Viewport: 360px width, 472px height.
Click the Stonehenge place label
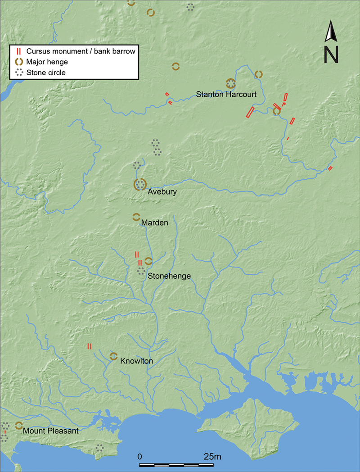coord(169,276)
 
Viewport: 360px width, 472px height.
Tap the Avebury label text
coord(162,192)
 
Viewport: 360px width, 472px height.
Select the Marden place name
coord(154,223)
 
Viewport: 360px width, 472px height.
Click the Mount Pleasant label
coord(50,431)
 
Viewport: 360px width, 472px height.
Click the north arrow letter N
coord(331,54)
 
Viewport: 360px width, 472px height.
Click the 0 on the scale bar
coord(140,457)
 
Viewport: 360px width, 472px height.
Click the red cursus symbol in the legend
coord(18,51)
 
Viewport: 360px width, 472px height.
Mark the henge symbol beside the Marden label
coord(136,217)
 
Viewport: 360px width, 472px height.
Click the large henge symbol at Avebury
coord(140,184)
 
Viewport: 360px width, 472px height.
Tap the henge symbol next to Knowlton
coord(113,356)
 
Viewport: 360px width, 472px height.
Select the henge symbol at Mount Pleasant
coord(19,425)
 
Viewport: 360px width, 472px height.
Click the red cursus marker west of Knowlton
coord(89,346)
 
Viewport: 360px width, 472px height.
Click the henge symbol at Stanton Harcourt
coord(230,83)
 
